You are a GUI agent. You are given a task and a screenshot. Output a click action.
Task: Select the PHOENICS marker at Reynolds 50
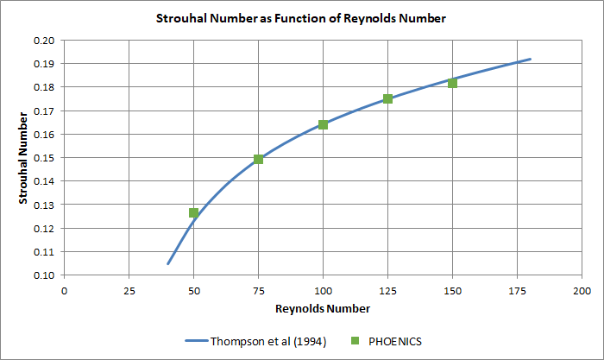(x=194, y=212)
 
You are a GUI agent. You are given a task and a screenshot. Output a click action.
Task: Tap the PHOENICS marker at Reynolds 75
(x=258, y=159)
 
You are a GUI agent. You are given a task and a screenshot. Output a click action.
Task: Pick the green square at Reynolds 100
(x=323, y=124)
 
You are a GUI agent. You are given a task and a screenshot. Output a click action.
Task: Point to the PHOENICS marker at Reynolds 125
(x=387, y=98)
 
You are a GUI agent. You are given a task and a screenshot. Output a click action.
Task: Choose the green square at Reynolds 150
(x=452, y=83)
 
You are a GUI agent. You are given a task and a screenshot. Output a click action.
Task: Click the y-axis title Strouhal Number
(x=25, y=157)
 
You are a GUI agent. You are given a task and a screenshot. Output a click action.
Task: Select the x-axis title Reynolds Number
(x=323, y=308)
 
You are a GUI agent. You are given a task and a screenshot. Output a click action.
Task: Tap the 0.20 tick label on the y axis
(x=43, y=41)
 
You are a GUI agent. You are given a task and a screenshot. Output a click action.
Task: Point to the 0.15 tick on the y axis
(x=43, y=158)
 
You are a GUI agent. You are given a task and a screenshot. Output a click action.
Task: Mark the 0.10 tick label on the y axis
(x=43, y=275)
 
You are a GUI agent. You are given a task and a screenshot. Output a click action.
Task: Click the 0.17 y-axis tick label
(x=43, y=111)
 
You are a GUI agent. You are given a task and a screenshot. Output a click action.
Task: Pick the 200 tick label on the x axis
(x=581, y=290)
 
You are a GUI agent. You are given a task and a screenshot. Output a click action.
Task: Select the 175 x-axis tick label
(x=516, y=290)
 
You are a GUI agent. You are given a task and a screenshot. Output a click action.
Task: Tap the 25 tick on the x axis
(x=129, y=290)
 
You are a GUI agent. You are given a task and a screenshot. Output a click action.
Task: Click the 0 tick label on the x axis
(x=64, y=290)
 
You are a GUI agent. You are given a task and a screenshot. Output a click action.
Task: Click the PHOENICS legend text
(x=396, y=339)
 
